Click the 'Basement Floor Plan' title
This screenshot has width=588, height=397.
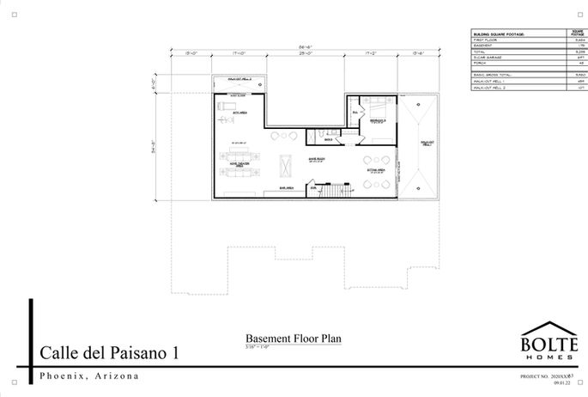(294, 339)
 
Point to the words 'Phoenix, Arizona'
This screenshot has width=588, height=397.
(90, 377)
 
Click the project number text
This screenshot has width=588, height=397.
(550, 377)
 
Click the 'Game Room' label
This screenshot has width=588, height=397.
(293, 159)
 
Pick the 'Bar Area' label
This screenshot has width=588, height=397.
(286, 188)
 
